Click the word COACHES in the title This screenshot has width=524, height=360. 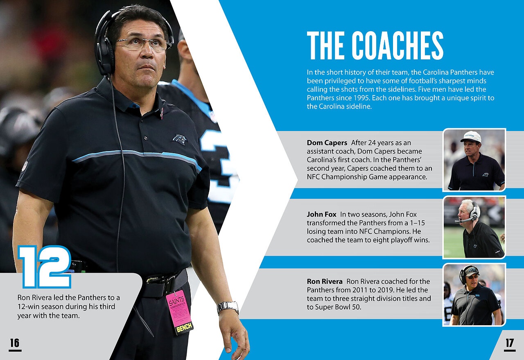[398, 45]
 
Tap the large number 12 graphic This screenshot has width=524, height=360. [45, 267]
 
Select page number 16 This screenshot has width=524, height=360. [15, 343]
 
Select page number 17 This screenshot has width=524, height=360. [510, 343]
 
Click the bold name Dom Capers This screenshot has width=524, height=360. [327, 143]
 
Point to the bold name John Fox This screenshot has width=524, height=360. [321, 214]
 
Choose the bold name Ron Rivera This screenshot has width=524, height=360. [325, 281]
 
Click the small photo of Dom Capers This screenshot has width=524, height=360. [474, 160]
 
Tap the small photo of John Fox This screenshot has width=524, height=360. [474, 227]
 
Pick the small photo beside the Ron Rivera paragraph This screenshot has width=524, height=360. [474, 295]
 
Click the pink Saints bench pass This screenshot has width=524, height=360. [179, 311]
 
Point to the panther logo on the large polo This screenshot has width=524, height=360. [180, 139]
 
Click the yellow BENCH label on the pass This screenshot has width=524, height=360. [184, 327]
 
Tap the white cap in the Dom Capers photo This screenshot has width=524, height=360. [472, 137]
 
